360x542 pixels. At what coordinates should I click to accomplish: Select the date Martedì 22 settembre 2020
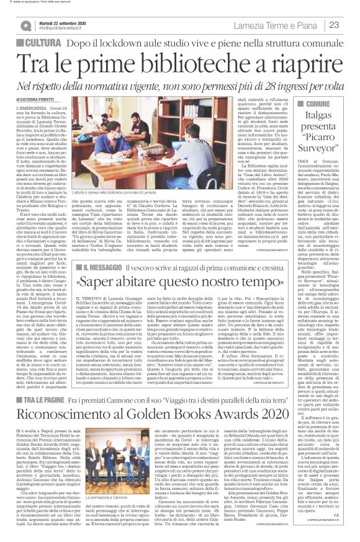pyautogui.click(x=62, y=22)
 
